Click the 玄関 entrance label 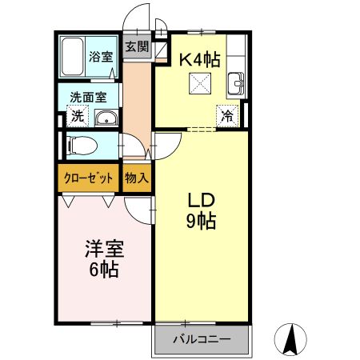tap(137, 46)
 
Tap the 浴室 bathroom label tap(100, 57)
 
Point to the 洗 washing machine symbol tap(78, 116)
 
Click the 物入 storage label tap(137, 178)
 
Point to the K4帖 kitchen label tap(199, 58)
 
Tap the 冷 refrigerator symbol tap(228, 115)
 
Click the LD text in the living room tap(202, 200)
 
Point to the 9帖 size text tap(202, 222)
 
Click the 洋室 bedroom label tap(103, 248)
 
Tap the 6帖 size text tap(103, 269)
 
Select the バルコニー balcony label tap(202, 339)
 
